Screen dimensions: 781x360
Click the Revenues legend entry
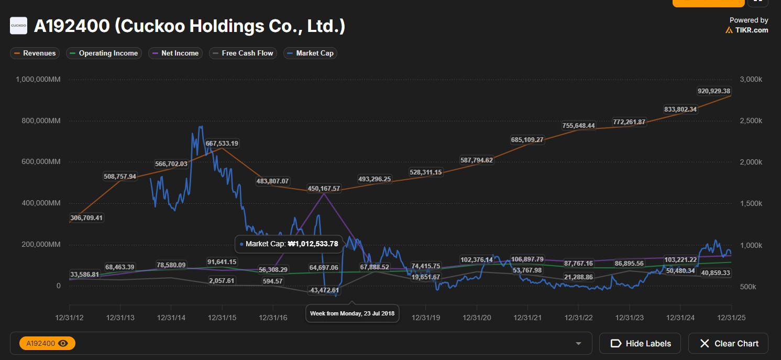[x=35, y=53]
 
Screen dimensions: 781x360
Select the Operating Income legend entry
[x=104, y=53]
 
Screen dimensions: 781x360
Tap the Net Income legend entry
[x=175, y=53]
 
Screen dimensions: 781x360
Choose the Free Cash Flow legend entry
[x=243, y=53]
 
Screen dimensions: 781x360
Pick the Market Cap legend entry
[x=310, y=53]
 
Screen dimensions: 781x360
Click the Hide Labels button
[x=640, y=343]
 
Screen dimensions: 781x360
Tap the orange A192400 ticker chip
[x=48, y=343]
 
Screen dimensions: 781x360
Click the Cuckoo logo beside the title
[x=18, y=26]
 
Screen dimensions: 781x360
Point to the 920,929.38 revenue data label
[x=714, y=91]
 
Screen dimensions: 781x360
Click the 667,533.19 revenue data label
[x=222, y=144]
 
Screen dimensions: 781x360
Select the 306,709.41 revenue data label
[x=86, y=218]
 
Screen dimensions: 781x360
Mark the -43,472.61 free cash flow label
[x=324, y=290]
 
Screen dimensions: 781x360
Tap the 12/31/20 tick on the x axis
[x=477, y=318]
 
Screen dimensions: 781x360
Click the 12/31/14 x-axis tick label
[x=171, y=318]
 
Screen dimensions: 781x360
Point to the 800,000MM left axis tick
[x=41, y=121]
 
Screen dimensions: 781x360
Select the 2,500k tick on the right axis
[x=751, y=121]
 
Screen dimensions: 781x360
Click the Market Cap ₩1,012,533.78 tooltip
[x=289, y=244]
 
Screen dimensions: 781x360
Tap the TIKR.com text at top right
[x=751, y=30]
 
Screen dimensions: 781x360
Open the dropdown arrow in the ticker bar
[x=578, y=344]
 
